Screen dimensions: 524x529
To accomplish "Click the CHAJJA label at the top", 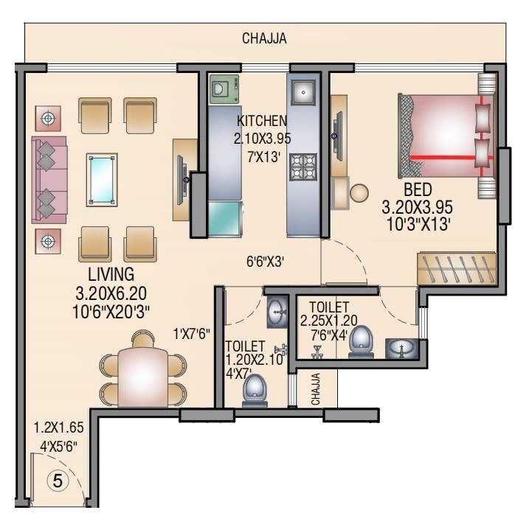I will pos(264,39).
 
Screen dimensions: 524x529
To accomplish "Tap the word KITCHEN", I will pos(262,121).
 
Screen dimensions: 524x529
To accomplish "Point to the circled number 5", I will pos(58,480).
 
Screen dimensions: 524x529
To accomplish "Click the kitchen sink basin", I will pos(303,92).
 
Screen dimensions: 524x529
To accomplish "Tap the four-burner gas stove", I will pos(302,167).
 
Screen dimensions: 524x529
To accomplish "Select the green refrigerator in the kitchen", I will pos(225,218).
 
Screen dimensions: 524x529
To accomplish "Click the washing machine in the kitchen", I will pos(224,90).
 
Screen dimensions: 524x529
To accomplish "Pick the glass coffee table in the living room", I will pos(101,178).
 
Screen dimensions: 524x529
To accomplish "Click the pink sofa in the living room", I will pos(49,179).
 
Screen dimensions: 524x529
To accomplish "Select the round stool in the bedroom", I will pos(359,193).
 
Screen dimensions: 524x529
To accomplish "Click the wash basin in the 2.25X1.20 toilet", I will pos(401,347).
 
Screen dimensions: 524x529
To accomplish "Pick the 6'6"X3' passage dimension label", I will pos(266,261).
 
